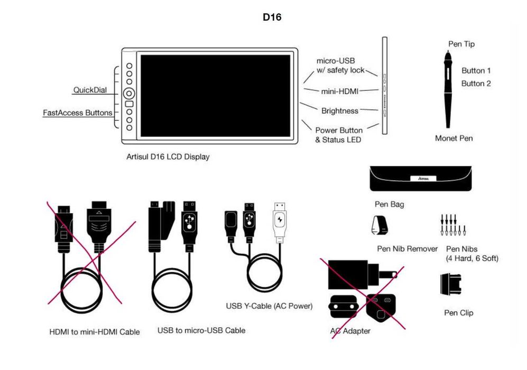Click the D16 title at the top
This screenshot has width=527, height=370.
point(272,17)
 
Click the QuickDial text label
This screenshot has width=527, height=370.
point(89,90)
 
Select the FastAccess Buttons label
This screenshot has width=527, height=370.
point(77,113)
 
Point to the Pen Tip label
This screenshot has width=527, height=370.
point(461,44)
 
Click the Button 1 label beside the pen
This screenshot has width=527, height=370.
point(476,70)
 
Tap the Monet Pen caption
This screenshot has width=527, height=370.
point(454,138)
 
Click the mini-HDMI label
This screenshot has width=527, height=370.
point(339,91)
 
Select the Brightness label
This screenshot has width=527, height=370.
point(339,111)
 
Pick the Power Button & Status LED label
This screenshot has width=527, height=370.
point(338,135)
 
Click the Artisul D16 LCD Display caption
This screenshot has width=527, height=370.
point(168,157)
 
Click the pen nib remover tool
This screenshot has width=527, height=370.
point(381,226)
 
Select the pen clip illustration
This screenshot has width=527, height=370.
point(450,284)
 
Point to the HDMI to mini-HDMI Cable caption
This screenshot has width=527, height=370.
point(95,332)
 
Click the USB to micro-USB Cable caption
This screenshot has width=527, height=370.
point(201,330)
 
